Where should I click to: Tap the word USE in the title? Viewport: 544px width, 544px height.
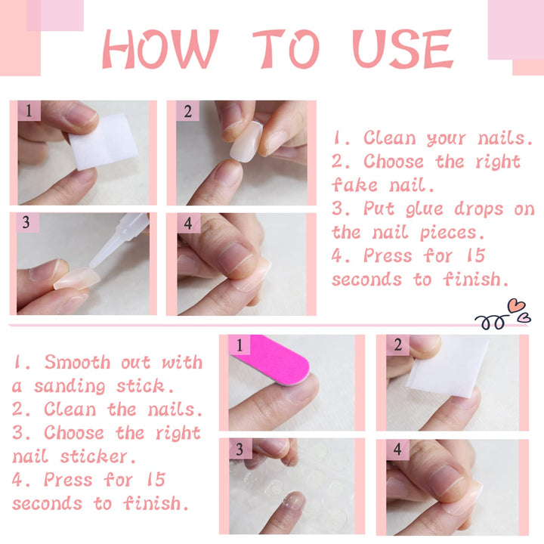point(403,49)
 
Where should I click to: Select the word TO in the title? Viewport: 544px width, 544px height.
point(286,49)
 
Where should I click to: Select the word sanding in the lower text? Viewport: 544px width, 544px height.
point(74,386)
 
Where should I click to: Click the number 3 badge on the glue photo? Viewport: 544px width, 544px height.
point(28,224)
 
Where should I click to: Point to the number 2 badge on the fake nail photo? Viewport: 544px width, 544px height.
point(187,112)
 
